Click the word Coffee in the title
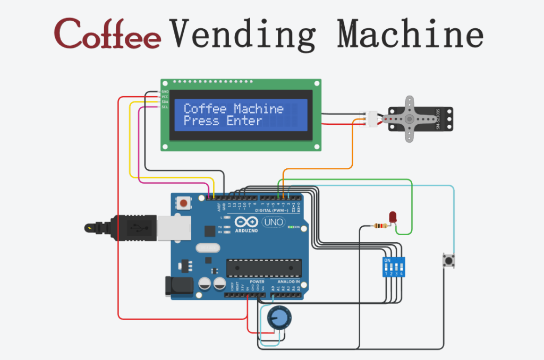(108, 33)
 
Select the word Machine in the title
(410, 33)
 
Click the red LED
(393, 217)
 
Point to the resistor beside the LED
(379, 226)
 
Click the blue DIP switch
(393, 266)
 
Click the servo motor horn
(409, 119)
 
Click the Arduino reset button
(184, 203)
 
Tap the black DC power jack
(179, 287)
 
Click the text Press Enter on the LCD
(223, 121)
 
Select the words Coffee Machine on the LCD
(233, 109)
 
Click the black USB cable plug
(133, 228)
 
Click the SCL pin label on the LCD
(165, 107)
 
